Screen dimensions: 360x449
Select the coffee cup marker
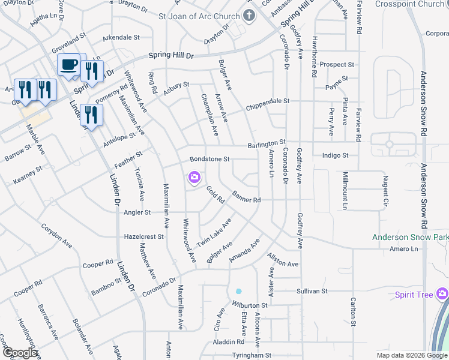tap(68, 65)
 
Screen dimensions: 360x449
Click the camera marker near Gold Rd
tap(194, 176)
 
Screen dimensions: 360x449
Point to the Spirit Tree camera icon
tap(442, 293)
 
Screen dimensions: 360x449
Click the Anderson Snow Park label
tap(410, 238)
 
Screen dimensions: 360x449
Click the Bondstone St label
tap(210, 159)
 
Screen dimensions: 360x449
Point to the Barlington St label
tap(267, 144)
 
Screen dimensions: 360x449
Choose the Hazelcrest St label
tap(143, 237)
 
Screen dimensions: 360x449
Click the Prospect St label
tap(337, 64)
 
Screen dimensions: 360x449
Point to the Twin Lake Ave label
tap(214, 232)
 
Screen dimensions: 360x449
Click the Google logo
tap(20, 353)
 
